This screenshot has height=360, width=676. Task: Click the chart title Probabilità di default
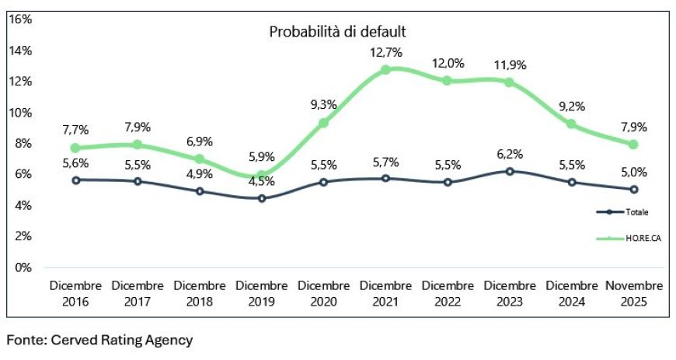pos(338,32)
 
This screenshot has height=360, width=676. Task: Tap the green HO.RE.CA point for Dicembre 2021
pos(385,69)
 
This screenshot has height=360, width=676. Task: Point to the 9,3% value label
pos(322,104)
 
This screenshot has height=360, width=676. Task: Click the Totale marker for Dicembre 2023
pos(509,170)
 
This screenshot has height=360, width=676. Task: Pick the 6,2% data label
pos(509,154)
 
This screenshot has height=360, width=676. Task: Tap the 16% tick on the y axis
pos(20,19)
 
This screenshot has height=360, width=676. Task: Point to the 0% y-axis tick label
pos(23,267)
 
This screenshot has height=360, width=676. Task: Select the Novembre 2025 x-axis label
pos(633,293)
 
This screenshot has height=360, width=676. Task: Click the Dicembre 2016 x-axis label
pos(75,293)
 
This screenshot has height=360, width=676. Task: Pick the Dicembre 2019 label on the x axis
pos(261,293)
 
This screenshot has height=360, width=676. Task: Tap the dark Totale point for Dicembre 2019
pos(261,198)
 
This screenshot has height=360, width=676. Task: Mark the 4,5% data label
pos(261,183)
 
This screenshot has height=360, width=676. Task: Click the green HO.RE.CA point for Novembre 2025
pos(633,144)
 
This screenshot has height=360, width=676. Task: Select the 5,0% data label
pos(633,173)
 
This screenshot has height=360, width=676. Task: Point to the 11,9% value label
pos(509,65)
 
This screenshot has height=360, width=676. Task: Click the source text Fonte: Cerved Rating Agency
pos(99,340)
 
